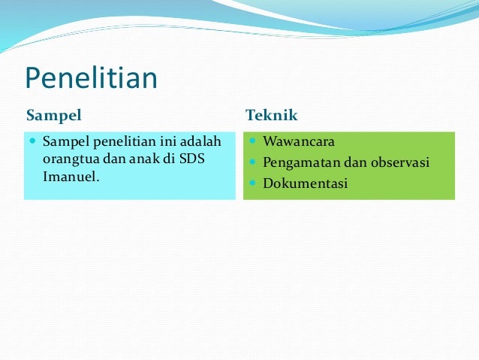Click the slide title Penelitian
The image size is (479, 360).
pyautogui.click(x=91, y=79)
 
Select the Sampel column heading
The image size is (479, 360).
pyautogui.click(x=53, y=116)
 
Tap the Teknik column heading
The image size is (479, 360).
pyautogui.click(x=272, y=116)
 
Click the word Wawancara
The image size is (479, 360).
pyautogui.click(x=299, y=141)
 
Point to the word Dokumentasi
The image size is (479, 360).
pyautogui.click(x=306, y=183)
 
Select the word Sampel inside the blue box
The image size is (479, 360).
pyautogui.click(x=66, y=141)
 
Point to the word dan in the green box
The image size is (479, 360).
pyautogui.click(x=348, y=162)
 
